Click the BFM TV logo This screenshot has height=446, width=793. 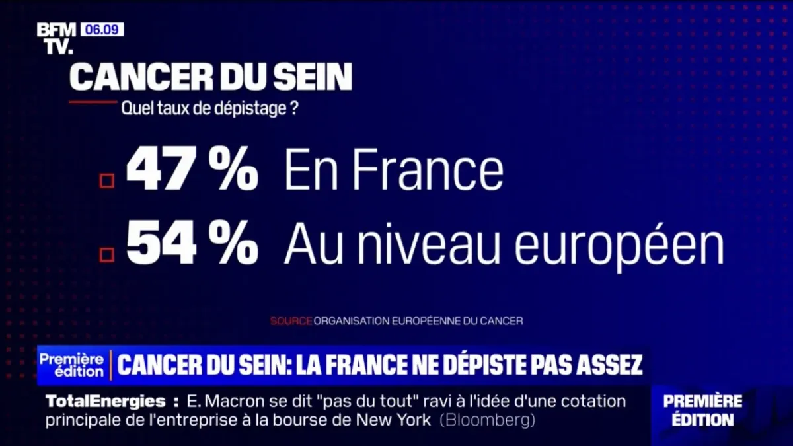[56, 38]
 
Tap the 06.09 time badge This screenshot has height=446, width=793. [102, 30]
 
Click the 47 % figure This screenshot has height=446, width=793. [191, 170]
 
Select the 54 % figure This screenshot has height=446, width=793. [191, 245]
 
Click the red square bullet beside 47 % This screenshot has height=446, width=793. [106, 180]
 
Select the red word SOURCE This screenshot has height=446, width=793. [291, 321]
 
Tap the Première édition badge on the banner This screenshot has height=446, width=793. [71, 365]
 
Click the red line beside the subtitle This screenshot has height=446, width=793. [93, 102]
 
